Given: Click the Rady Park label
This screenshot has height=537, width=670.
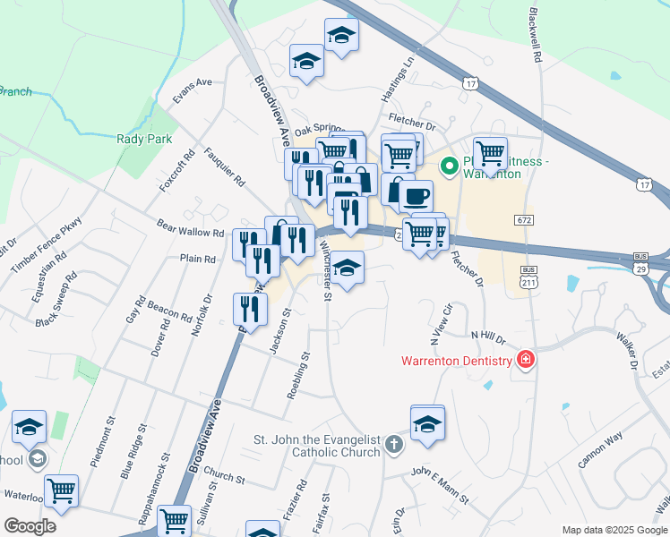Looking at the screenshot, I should point(136,139).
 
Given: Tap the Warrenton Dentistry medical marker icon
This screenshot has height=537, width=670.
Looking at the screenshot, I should point(526,361).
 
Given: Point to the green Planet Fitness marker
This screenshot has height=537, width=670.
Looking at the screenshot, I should point(449,166).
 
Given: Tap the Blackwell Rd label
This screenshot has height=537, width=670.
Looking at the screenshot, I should point(537,36).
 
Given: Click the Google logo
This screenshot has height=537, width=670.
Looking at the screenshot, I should point(30,526).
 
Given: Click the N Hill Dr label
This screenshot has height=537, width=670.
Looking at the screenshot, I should point(488,337).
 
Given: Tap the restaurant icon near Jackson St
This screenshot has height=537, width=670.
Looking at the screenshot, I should point(251,309).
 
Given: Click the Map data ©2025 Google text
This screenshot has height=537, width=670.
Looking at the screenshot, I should point(614,529).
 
